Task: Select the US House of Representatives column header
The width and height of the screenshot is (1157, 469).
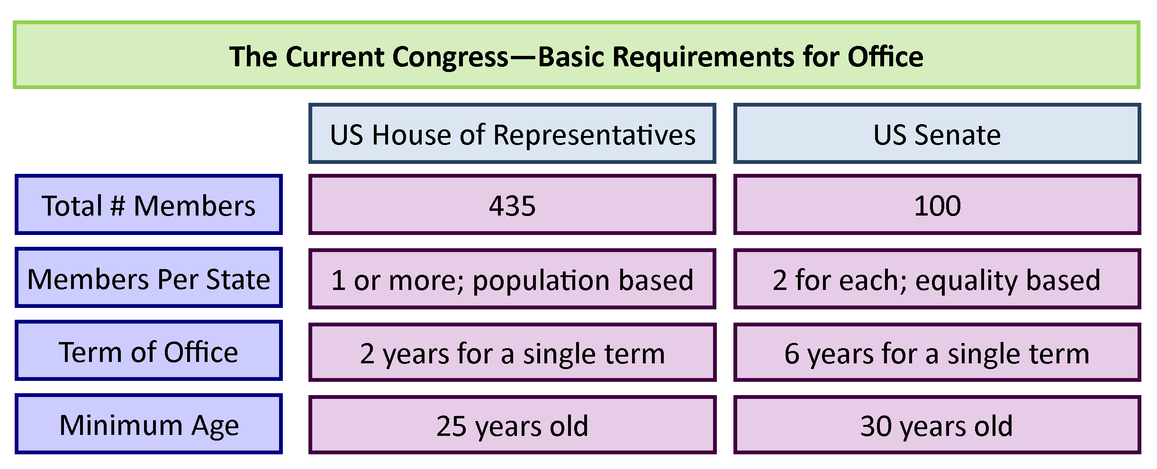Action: pyautogui.click(x=512, y=134)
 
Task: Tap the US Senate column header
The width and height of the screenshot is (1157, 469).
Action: pyautogui.click(x=937, y=134)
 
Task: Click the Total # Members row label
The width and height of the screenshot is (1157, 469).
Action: pyautogui.click(x=149, y=205)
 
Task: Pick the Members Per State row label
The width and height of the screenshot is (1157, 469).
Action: pyautogui.click(x=149, y=278)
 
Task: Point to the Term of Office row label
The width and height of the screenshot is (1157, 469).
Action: pyautogui.click(x=149, y=351)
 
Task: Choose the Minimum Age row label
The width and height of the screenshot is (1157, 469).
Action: pyautogui.click(x=149, y=424)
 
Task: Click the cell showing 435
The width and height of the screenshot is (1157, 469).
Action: pyautogui.click(x=512, y=205)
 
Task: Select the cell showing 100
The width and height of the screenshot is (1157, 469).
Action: pyautogui.click(x=937, y=205)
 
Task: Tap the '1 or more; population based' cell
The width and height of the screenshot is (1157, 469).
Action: pyautogui.click(x=512, y=279)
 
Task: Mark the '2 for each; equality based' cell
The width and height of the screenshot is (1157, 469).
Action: pyautogui.click(x=937, y=279)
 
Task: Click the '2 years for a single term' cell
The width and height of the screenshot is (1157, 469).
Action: pyautogui.click(x=512, y=352)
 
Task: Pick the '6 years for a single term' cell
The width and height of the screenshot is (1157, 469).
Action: pyautogui.click(x=937, y=352)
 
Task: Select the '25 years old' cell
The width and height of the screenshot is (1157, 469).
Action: pyautogui.click(x=512, y=425)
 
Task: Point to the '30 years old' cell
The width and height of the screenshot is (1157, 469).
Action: pyautogui.click(x=937, y=425)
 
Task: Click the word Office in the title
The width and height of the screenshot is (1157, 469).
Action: pyautogui.click(x=886, y=57)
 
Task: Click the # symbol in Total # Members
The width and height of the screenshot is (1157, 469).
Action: pyautogui.click(x=118, y=206)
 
